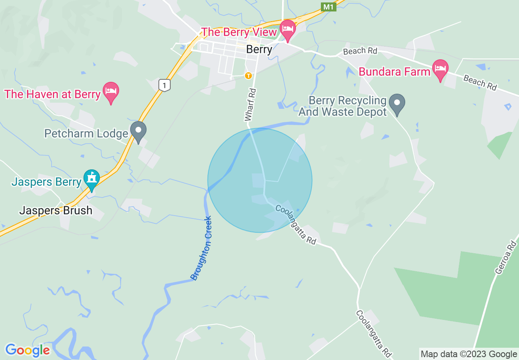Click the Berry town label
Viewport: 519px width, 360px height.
pyautogui.click(x=259, y=49)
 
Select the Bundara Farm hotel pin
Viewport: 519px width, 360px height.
pyautogui.click(x=440, y=70)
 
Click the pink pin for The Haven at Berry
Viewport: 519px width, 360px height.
pyautogui.click(x=111, y=92)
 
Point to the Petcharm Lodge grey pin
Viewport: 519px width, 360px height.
pyautogui.click(x=138, y=131)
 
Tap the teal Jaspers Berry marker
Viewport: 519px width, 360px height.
pyautogui.click(x=92, y=179)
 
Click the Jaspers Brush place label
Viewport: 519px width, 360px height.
pyautogui.click(x=56, y=211)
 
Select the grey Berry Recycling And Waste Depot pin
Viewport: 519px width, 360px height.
pyautogui.click(x=397, y=103)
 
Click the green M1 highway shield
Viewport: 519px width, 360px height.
pyautogui.click(x=328, y=7)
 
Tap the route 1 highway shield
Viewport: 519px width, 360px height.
pyautogui.click(x=164, y=85)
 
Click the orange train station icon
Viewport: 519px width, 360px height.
pyautogui.click(x=248, y=76)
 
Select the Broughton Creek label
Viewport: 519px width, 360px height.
pyautogui.click(x=201, y=248)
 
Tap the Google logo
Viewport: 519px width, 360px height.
pyautogui.click(x=27, y=350)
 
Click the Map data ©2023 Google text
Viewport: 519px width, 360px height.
pyautogui.click(x=469, y=354)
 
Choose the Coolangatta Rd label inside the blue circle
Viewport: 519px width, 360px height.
pyautogui.click(x=296, y=225)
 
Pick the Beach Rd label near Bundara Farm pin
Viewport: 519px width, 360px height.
pyautogui.click(x=480, y=83)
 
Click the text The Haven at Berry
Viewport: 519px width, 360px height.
pyautogui.click(x=52, y=94)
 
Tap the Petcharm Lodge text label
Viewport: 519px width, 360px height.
pyautogui.click(x=86, y=134)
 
